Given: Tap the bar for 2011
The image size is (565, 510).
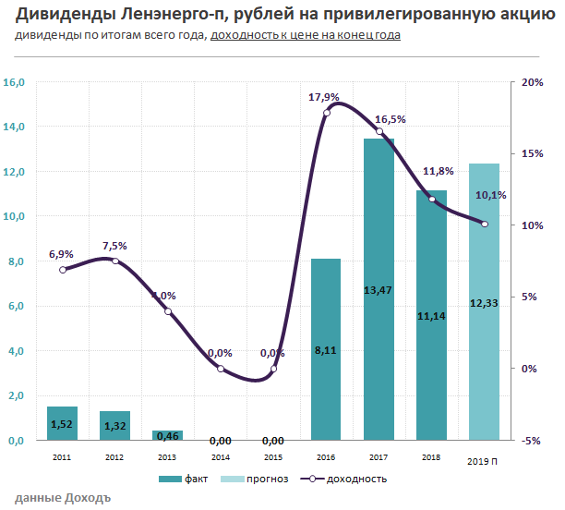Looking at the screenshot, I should pyautogui.click(x=62, y=423).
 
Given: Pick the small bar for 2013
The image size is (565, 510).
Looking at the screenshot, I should pyautogui.click(x=167, y=435).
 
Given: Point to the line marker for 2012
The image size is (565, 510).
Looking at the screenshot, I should pyautogui.click(x=115, y=261).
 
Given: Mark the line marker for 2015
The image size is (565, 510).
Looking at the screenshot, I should pyautogui.click(x=273, y=369).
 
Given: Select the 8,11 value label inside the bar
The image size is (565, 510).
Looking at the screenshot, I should pyautogui.click(x=326, y=349).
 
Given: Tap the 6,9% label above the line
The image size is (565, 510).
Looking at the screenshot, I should pyautogui.click(x=61, y=253).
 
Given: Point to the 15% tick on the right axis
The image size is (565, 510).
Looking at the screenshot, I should pyautogui.click(x=533, y=153).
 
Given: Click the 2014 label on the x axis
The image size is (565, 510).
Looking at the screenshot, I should pyautogui.click(x=220, y=455).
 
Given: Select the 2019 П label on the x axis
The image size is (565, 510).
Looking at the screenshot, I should pyautogui.click(x=484, y=460).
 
